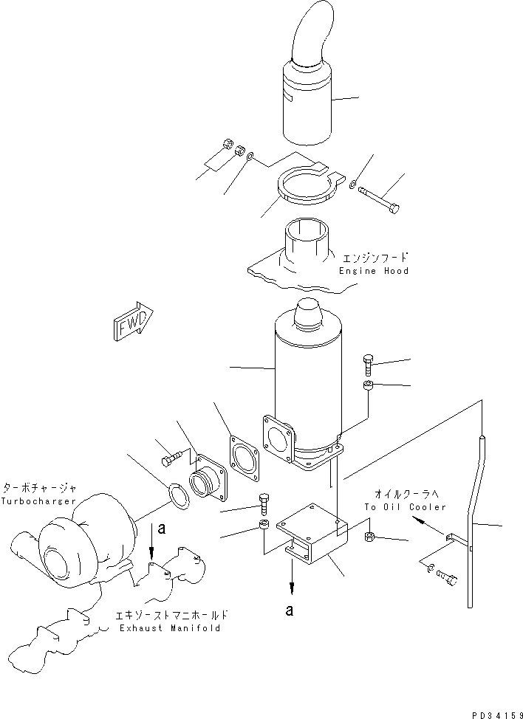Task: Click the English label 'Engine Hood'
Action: (374, 271)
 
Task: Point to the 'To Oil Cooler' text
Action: (405, 507)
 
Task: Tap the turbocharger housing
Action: (81, 535)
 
